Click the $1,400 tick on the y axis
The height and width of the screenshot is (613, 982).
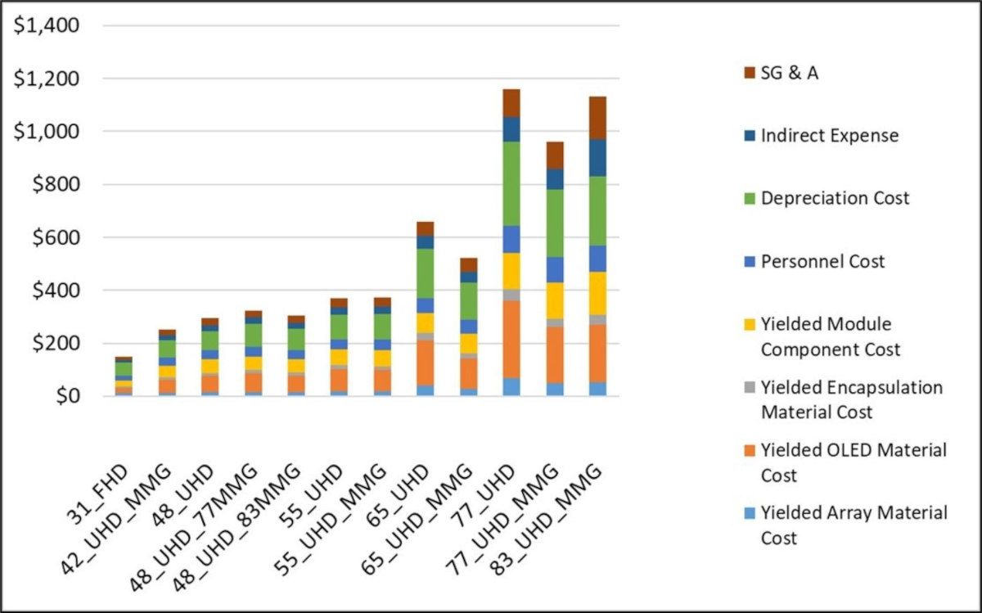[47, 25]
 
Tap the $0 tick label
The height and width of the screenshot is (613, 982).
[66, 396]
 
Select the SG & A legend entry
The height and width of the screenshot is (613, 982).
[789, 73]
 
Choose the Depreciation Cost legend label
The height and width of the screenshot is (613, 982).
[835, 198]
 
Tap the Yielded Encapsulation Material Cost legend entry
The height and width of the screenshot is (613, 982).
[851, 399]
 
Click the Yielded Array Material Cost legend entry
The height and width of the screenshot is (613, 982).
[854, 525]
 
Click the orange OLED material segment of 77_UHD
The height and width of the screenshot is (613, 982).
[511, 339]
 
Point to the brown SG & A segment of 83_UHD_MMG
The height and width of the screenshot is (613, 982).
[597, 117]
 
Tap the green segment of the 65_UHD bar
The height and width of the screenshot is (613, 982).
[424, 273]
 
